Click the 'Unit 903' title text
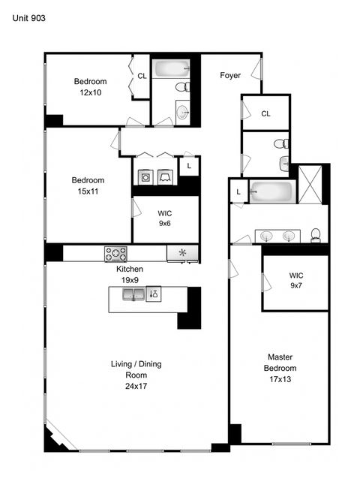pos(28,17)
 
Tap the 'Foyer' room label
pos(229,75)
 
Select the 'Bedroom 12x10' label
pos(90,87)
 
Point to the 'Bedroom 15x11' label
pos(88,185)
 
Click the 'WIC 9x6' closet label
pos(165,218)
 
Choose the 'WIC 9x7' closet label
pos(295,281)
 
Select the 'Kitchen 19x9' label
pos(129,274)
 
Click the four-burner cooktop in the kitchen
pos(115,254)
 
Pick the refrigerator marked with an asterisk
pos(181,254)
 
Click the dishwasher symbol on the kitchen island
pos(154,294)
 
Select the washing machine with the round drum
pos(145,177)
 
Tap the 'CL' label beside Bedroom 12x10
pos(142,76)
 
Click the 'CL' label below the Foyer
pos(265,113)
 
